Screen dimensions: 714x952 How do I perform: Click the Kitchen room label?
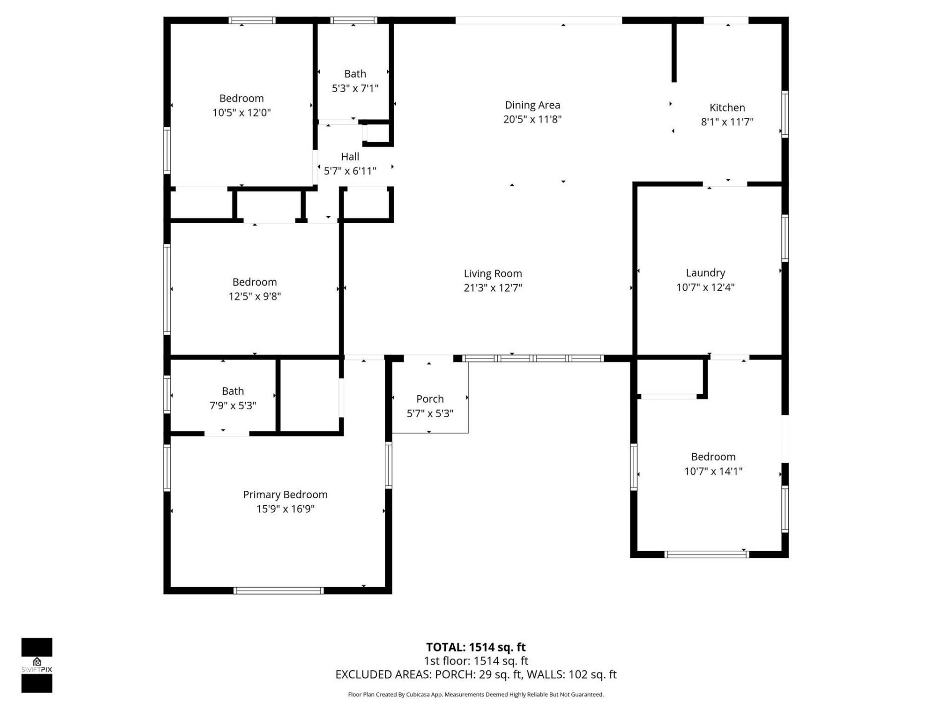pos(727,108)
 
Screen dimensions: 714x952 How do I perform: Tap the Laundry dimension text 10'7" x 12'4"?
pos(705,287)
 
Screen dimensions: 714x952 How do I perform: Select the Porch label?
pos(430,399)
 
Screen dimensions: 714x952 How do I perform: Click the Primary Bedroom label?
pos(285,494)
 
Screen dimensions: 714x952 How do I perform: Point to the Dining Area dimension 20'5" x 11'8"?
pos(532,119)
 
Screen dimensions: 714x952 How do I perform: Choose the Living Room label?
pos(492,273)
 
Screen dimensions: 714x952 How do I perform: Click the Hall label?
pos(350,157)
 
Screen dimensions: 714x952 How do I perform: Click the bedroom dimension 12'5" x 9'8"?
pos(254,297)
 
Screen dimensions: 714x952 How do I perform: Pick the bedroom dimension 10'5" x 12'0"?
pos(241,113)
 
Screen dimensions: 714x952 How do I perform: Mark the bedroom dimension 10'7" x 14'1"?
pos(713,471)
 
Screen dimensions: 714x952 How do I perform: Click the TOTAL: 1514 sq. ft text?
pos(476,647)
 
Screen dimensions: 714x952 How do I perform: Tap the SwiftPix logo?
pos(37,665)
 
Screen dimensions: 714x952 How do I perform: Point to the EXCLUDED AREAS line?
pos(476,674)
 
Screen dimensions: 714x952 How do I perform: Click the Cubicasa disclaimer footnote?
pos(476,695)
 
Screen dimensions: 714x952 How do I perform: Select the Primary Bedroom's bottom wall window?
pos(279,591)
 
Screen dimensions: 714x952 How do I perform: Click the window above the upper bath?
pos(354,20)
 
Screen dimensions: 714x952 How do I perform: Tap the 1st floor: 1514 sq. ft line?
pos(476,661)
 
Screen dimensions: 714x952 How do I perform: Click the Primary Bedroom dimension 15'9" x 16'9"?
pos(285,509)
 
